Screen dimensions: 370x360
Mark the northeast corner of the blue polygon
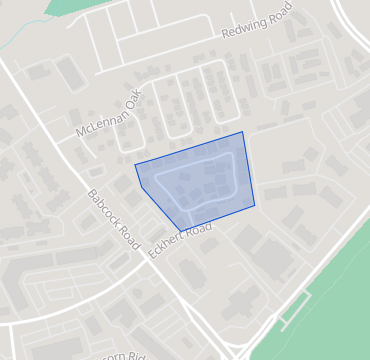243,132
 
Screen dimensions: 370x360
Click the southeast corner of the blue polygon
255,205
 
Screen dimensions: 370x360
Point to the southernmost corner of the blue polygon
183,228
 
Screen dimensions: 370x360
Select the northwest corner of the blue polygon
135,163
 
